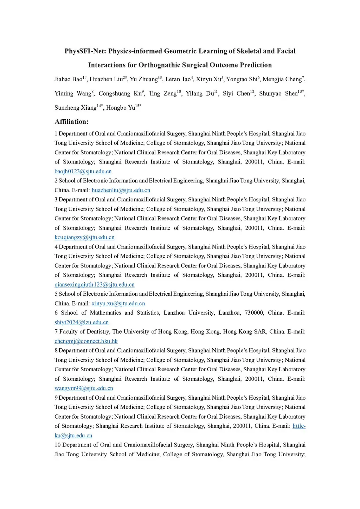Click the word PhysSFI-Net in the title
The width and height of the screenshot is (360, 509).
click(85, 51)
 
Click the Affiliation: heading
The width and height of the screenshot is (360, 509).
click(71, 122)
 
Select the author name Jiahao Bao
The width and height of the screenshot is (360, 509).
click(68, 79)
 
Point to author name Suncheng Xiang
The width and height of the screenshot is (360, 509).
click(75, 108)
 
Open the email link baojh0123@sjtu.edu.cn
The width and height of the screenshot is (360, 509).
click(83, 172)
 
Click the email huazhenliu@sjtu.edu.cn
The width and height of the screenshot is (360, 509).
click(121, 190)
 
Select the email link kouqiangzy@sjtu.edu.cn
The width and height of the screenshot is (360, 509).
click(84, 237)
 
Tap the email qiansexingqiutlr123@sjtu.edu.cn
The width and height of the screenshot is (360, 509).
click(94, 285)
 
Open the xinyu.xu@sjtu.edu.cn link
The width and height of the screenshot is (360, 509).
click(118, 303)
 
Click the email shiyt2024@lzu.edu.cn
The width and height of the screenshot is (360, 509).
click(82, 322)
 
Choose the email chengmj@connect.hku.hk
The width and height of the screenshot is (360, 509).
click(86, 341)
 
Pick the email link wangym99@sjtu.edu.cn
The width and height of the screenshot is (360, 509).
click(84, 388)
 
